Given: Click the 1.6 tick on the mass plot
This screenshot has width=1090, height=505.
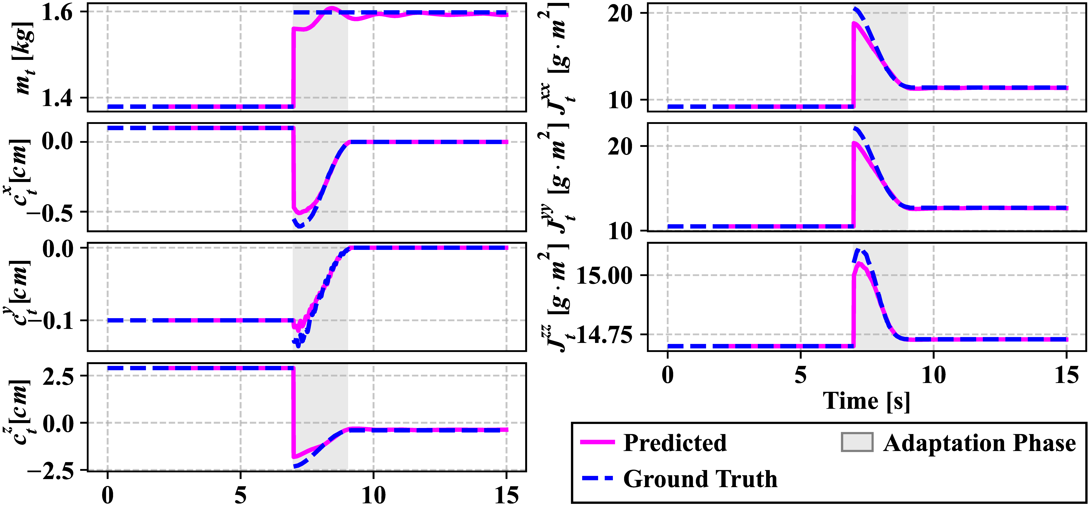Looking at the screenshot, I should pyautogui.click(x=58, y=13).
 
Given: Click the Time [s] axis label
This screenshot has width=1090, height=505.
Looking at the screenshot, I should pyautogui.click(x=866, y=401).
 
